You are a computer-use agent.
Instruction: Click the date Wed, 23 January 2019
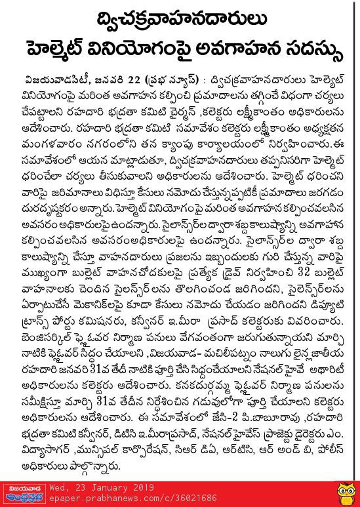pos(108,487)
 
